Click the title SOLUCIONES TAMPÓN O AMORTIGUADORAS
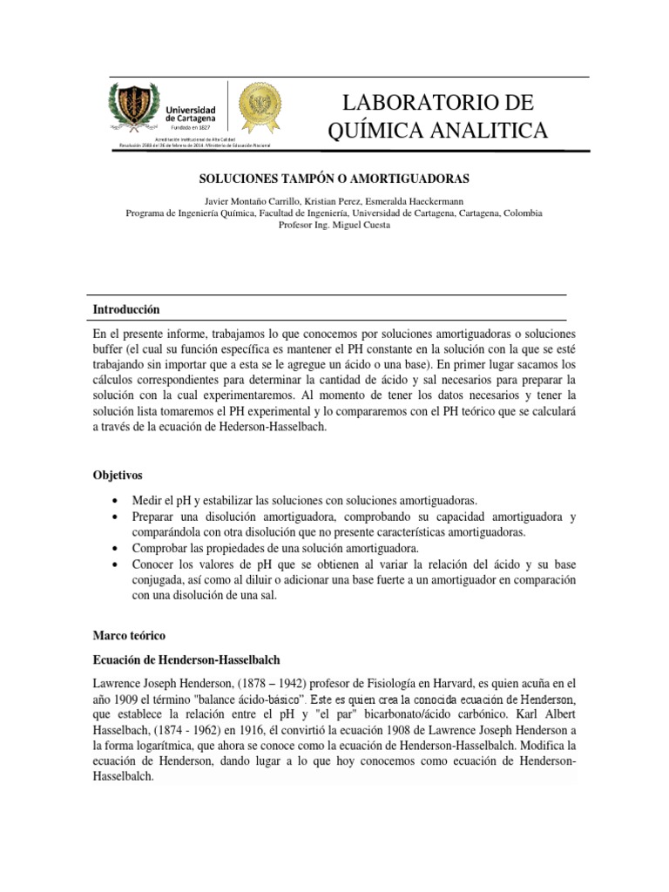334,179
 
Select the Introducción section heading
126,310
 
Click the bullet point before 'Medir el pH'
116,501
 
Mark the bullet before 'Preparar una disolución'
116,517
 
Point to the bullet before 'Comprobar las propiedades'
116,549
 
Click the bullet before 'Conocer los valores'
116,564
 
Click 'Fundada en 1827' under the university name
192,126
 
